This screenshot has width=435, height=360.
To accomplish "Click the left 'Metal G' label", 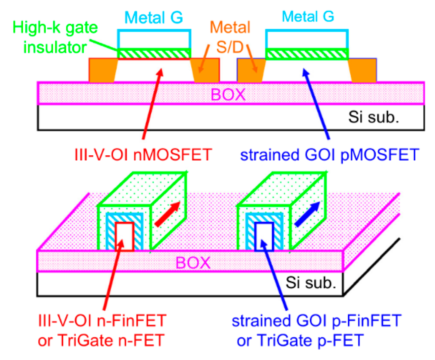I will pos(154,17).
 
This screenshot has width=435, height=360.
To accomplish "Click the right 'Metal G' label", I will pos(308,16).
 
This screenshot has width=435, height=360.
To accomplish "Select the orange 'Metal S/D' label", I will pos(230,37).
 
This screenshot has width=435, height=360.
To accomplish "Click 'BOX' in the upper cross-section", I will pos(228,94).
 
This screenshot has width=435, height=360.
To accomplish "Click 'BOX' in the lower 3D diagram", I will pos(193,263).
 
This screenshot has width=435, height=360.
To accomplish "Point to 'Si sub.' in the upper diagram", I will pos(374,117).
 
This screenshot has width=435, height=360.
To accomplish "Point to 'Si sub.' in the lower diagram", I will pos(311,283).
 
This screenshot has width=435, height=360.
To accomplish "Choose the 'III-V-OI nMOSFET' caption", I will pos(143,155).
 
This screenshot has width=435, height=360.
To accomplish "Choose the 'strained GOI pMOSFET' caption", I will pos(330,155).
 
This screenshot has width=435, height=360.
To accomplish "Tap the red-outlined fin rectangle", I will pos(125,236).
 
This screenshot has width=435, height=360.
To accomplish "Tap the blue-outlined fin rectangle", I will pos(264,236).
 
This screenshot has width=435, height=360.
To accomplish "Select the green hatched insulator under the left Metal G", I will pos(154,54).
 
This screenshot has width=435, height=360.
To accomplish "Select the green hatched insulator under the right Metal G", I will pos(307,54).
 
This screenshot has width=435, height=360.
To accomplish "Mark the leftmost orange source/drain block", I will pos(102,70).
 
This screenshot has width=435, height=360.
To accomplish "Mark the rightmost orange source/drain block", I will pos(363,70).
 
